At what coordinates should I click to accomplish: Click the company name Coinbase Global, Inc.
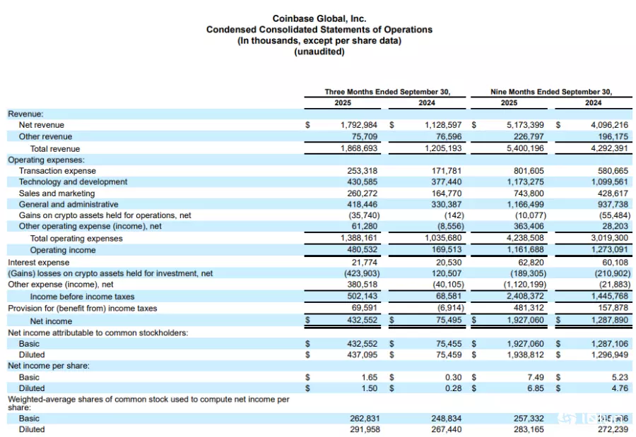[319, 18]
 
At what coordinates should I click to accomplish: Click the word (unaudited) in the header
[319, 52]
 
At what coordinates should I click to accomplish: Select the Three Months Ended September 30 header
[387, 92]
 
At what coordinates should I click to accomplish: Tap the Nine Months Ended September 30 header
[551, 92]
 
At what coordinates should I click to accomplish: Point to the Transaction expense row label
[57, 171]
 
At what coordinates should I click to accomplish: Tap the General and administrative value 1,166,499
[525, 205]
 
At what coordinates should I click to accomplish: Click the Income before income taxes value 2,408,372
[525, 297]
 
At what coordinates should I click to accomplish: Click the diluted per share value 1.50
[370, 388]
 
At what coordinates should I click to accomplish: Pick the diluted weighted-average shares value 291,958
[365, 429]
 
